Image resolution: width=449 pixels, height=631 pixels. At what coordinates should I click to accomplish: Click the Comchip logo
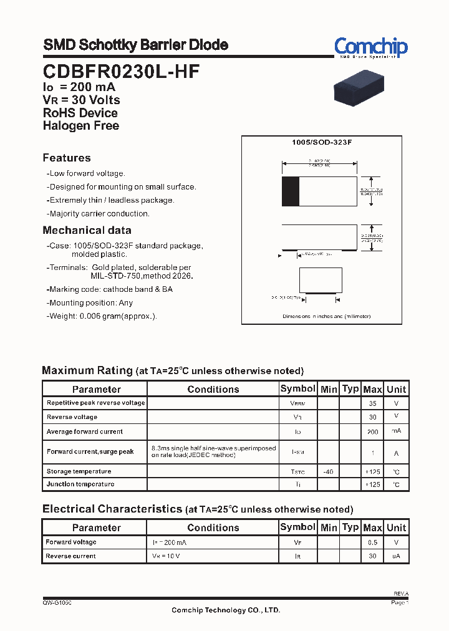370,47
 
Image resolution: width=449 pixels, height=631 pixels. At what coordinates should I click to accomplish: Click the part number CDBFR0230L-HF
121,72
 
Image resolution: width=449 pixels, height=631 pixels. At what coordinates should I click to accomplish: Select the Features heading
67,158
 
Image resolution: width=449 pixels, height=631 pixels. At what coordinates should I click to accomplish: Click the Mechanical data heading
87,230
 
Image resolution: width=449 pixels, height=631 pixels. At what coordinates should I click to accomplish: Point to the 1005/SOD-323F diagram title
322,143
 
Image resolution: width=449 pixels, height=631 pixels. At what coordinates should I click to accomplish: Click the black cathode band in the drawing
290,191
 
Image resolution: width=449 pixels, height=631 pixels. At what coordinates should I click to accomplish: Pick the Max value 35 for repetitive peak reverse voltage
372,403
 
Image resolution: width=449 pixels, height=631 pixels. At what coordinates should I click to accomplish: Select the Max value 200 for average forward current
372,431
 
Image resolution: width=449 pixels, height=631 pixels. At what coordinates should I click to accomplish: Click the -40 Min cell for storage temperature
328,472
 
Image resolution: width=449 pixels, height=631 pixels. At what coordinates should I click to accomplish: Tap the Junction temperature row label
80,484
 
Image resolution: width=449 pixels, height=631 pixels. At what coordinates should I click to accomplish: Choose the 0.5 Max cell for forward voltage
372,542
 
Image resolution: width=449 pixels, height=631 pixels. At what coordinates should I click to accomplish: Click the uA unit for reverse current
396,556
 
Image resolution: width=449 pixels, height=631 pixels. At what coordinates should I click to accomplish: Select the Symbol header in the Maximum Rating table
297,388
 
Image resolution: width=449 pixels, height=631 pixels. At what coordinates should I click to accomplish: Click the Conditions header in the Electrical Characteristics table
213,527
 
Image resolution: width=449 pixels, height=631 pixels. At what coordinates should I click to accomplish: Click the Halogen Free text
80,125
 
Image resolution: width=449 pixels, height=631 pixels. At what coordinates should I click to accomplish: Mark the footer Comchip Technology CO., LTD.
226,610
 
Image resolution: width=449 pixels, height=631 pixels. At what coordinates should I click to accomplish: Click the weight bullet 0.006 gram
103,316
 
